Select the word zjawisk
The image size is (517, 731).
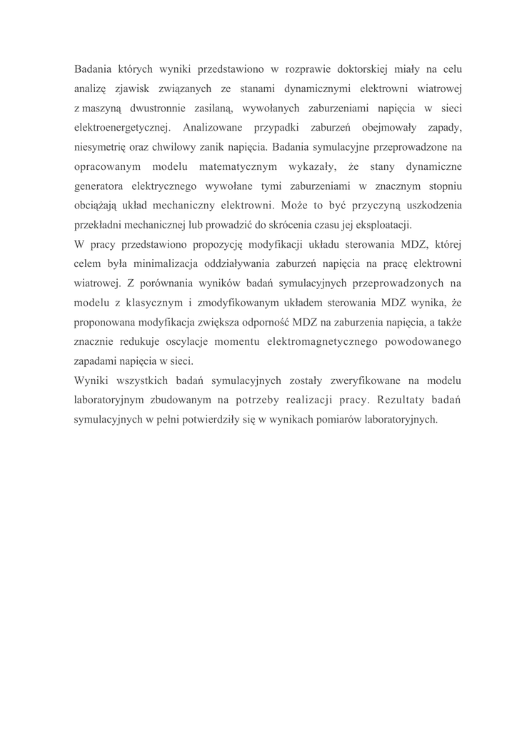[x=134, y=89]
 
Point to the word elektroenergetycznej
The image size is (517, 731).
[x=121, y=128]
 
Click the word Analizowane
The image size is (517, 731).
[x=213, y=128]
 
